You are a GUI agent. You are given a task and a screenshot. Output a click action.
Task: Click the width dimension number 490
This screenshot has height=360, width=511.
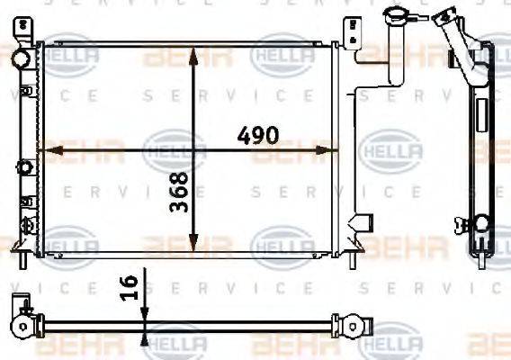[257, 135]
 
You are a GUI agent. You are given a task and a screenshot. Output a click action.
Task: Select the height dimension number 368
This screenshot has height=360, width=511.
[179, 191]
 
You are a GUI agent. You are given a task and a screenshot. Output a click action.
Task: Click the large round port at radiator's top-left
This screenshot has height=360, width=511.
[21, 58]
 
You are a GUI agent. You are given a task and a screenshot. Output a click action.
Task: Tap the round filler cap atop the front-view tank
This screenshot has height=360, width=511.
[393, 15]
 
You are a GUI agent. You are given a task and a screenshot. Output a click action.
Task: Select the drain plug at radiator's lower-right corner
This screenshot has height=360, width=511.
[363, 220]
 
